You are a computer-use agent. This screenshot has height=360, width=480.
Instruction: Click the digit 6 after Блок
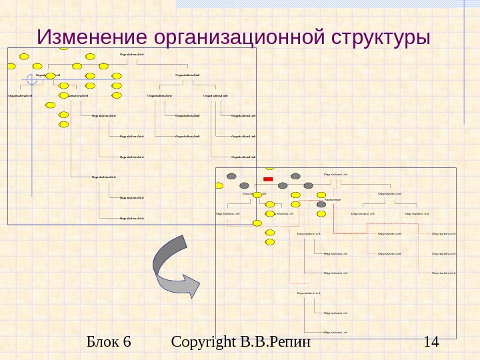pos(127,343)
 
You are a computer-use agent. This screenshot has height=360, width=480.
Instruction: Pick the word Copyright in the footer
pos(201,343)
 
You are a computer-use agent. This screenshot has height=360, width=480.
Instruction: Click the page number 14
pos(431,343)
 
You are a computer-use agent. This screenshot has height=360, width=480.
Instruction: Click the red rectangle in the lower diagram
pos(268,179)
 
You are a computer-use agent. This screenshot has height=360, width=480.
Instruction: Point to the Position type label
pos(333,199)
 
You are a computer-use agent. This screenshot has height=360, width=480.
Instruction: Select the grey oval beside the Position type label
pos(321,204)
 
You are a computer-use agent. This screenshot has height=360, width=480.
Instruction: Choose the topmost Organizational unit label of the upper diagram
pos(131,54)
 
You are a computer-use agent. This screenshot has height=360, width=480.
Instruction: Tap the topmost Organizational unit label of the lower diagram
pos(335,175)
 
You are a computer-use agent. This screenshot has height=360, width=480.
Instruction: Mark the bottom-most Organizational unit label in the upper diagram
pos(131,218)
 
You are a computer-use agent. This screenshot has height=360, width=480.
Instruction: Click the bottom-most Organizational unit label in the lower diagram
pos(335,331)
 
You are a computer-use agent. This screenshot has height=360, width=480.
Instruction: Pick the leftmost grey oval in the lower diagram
pos(231,176)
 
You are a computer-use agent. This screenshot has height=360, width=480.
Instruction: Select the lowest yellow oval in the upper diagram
pos(63,125)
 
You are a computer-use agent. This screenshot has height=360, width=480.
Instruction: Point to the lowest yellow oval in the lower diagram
pos(269,242)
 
